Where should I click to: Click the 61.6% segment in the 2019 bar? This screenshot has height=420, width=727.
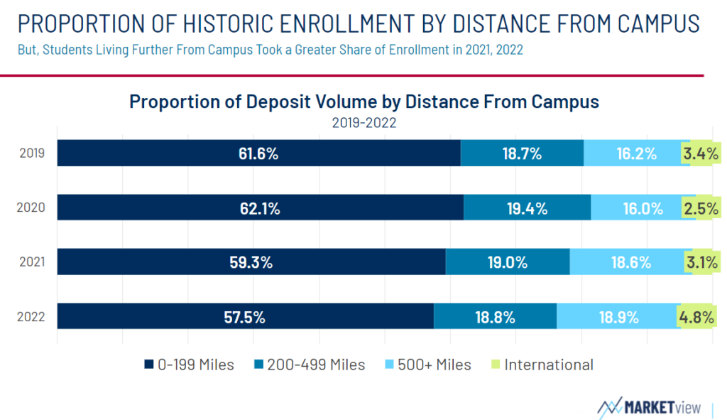tap(258, 154)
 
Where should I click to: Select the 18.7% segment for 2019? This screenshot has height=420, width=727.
tap(522, 154)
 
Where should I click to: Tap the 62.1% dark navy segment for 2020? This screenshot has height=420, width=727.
tap(261, 208)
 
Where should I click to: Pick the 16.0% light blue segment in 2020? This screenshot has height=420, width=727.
tap(643, 208)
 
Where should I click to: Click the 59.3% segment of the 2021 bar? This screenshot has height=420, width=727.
tap(251, 262)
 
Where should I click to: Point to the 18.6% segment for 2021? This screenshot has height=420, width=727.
tap(631, 262)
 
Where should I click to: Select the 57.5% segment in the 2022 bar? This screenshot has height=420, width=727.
tap(245, 316)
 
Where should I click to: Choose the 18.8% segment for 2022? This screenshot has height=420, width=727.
tap(495, 316)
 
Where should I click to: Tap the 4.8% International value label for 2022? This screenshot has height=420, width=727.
tap(696, 317)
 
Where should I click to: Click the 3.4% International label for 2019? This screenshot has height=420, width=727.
tap(701, 154)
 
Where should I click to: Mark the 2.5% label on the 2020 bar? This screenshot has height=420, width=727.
tap(701, 208)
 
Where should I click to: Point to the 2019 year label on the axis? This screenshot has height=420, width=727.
tap(32, 154)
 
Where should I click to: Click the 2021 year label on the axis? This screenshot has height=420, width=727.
tap(32, 262)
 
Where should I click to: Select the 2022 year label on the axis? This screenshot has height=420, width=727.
tap(31, 316)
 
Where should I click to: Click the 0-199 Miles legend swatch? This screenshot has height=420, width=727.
tap(149, 365)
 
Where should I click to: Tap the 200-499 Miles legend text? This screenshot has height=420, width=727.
tap(316, 365)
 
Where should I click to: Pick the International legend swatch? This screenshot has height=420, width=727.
tap(496, 365)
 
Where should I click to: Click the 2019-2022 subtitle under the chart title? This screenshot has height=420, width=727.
tap(364, 123)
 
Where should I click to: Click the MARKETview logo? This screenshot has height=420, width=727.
tap(649, 407)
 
